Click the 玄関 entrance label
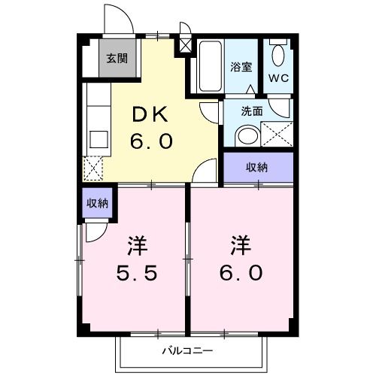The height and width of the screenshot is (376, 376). tap(117, 58)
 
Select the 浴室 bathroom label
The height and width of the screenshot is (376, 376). tap(241, 65)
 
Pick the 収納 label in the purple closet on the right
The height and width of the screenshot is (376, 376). tap(258, 168)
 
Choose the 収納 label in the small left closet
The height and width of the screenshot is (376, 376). tap(96, 203)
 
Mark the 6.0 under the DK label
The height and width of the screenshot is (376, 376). tap(155, 141)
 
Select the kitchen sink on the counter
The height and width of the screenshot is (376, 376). tap(97, 138)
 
